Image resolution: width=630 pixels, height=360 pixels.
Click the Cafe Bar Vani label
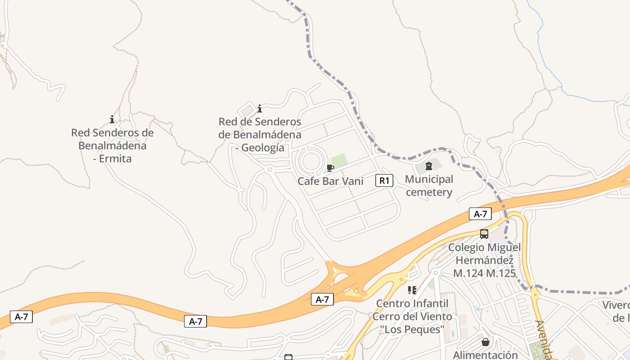click(x=330, y=181)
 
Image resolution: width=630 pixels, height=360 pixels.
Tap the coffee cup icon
click(x=330, y=168)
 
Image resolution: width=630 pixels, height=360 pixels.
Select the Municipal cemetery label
click(x=429, y=186)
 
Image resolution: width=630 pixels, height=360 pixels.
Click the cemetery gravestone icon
click(x=428, y=166)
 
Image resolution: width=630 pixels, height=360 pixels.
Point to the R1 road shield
click(x=384, y=181)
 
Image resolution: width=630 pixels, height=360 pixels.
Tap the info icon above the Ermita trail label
click(x=112, y=119)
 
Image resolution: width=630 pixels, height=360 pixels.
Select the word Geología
click(x=263, y=148)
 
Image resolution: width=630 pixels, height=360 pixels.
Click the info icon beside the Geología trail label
click(x=260, y=108)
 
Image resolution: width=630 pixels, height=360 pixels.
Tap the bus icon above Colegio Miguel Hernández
click(x=484, y=234)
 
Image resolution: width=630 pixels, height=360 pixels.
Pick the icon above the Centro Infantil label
click(x=412, y=290)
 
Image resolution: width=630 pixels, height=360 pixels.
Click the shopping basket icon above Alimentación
click(x=486, y=342)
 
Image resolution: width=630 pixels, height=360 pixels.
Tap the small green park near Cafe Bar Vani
click(x=339, y=160)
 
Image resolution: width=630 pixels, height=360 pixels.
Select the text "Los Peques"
click(x=412, y=329)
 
